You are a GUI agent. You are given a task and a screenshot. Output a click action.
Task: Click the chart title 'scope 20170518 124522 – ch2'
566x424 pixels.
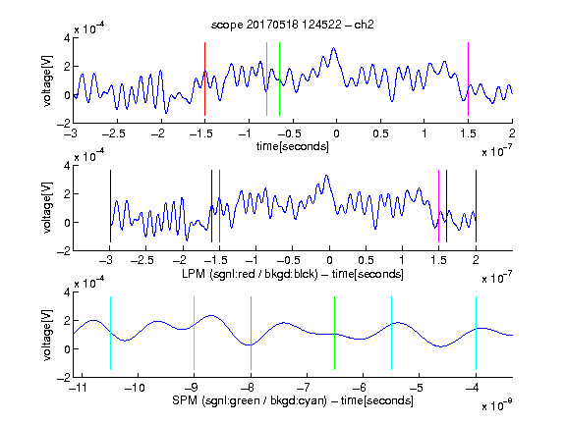point(293,25)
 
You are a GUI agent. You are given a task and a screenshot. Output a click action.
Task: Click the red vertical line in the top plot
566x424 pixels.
point(204,79)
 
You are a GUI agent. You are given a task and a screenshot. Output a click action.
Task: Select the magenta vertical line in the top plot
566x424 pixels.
point(468,79)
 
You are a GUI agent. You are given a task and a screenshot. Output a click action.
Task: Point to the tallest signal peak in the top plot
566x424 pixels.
point(334,48)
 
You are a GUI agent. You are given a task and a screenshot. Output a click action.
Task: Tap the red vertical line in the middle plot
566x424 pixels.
point(219,206)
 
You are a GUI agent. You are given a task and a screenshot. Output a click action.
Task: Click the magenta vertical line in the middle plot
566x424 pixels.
point(438,206)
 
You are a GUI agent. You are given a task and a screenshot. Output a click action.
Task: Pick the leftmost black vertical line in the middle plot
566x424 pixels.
point(110,206)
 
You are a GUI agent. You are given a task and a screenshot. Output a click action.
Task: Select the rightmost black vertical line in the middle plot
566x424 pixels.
point(476,206)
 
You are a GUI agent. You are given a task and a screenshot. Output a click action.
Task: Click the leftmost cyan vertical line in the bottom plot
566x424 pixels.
point(110,333)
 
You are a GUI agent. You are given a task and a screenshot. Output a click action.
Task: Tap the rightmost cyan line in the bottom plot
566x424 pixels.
point(476,333)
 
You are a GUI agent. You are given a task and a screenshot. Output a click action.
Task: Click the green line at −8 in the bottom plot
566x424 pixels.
point(251,333)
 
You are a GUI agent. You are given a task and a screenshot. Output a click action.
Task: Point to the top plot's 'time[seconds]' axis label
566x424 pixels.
point(293,146)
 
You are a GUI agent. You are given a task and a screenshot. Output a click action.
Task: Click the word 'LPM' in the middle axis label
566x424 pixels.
point(194,274)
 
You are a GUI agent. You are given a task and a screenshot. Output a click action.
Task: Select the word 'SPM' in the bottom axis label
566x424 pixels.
point(185,400)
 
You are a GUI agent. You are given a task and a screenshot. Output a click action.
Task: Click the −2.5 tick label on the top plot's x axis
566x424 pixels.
point(114,133)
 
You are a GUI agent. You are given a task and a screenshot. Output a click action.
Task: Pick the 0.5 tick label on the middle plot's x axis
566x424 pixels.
point(366,260)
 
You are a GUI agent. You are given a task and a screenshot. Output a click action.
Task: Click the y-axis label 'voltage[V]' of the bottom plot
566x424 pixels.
point(47,335)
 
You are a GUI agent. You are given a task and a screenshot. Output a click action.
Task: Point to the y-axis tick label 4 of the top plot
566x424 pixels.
point(68,37)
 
